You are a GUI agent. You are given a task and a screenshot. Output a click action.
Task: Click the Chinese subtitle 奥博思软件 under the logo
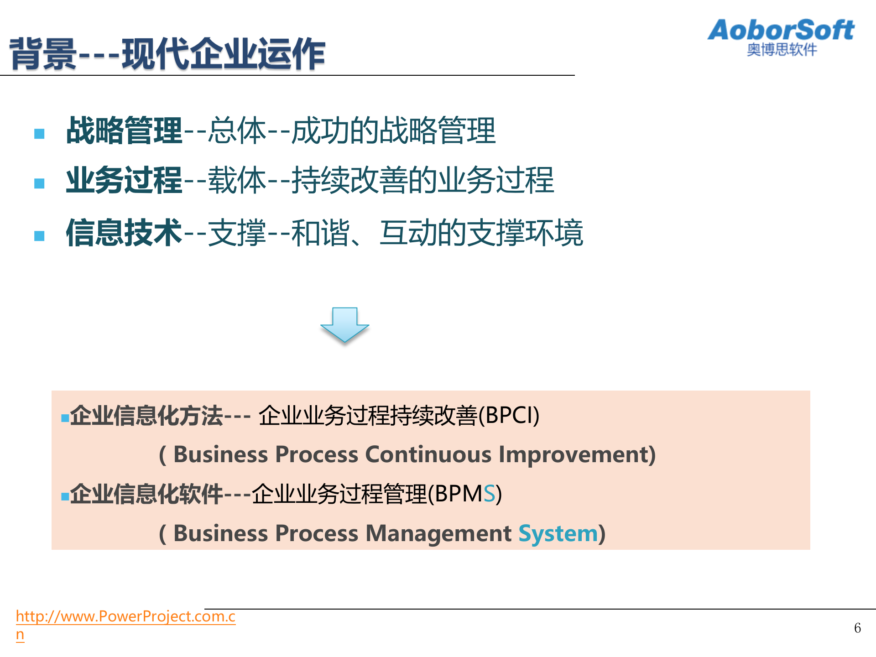782,50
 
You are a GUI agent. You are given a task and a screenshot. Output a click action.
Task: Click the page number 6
857,628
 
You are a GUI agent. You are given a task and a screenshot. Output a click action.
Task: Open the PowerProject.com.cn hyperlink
125,616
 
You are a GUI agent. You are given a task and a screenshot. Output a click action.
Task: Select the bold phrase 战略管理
124,131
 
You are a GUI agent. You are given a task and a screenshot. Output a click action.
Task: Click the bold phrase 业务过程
124,180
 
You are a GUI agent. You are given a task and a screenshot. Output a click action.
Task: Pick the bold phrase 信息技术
124,233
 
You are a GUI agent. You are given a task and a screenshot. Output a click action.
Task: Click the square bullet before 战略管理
40,134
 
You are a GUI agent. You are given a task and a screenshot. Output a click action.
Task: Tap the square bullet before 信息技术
40,236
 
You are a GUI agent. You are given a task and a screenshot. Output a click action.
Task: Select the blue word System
558,533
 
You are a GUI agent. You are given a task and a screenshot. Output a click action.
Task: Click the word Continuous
428,454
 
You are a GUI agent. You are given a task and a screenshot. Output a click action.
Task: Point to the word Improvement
573,454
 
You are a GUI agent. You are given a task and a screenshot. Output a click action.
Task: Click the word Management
438,533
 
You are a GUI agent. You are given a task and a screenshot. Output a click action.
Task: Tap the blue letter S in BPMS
489,494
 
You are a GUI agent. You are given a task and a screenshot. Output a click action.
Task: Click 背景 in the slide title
43,54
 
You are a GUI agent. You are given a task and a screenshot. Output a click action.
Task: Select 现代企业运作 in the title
224,54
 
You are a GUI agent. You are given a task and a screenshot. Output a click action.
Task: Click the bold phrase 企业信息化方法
146,416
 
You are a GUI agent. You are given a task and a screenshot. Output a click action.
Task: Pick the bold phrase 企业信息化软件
146,494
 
